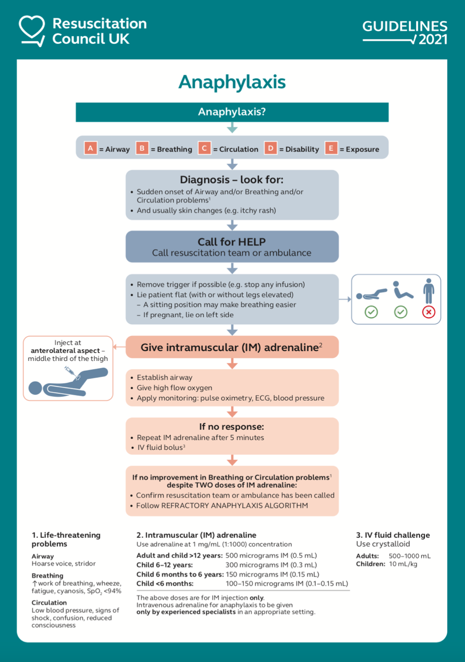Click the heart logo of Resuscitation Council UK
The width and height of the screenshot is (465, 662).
click(x=32, y=29)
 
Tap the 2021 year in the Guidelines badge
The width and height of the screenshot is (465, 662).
click(x=433, y=40)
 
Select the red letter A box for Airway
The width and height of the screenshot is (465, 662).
click(x=90, y=148)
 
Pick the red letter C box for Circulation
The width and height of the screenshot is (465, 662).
click(x=204, y=148)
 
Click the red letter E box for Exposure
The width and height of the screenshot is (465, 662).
click(x=331, y=148)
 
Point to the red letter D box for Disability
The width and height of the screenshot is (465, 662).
click(x=270, y=148)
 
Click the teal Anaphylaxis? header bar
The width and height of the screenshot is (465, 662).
click(x=232, y=112)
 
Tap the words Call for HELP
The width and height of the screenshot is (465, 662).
click(x=232, y=242)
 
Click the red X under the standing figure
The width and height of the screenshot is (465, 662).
click(x=428, y=312)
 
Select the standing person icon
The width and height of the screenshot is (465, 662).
click(x=428, y=291)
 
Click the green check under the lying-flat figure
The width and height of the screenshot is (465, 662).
click(x=371, y=312)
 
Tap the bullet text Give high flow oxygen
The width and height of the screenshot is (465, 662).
click(x=174, y=388)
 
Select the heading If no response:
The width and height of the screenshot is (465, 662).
click(x=232, y=427)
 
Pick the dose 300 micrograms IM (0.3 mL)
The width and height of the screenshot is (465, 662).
click(x=271, y=565)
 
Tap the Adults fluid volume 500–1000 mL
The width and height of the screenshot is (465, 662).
click(x=409, y=556)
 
